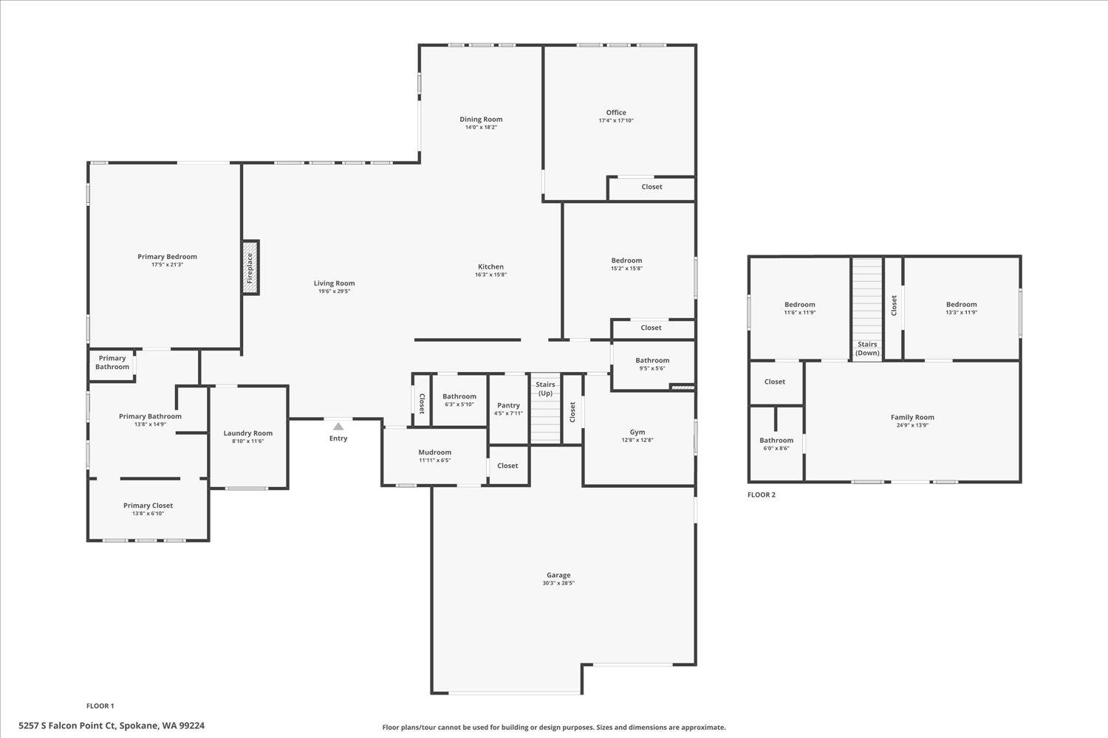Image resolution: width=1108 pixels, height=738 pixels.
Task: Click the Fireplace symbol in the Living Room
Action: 251,267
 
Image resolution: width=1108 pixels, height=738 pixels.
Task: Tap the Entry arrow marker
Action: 338,427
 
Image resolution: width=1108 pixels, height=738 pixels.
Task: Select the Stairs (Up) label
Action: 545,389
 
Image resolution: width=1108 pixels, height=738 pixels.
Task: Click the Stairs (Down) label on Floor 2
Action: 867,348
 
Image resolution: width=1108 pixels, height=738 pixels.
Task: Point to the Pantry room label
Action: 508,405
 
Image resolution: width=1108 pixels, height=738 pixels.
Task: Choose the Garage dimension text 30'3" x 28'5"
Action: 558,583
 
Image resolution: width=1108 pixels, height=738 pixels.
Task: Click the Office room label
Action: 616,113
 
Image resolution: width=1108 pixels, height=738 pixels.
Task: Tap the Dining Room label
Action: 481,119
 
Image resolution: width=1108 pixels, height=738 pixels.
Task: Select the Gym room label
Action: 637,432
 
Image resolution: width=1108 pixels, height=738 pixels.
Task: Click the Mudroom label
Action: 434,452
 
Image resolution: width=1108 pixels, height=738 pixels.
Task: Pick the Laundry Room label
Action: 248,433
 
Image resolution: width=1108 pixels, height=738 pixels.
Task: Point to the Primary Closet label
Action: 148,506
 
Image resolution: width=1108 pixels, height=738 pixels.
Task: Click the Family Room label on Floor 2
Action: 912,417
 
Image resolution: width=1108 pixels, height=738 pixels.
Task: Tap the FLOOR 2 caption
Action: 762,494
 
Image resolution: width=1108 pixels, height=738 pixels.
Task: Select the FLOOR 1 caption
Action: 100,706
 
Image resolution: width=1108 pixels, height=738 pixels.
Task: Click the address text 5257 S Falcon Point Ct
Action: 112,726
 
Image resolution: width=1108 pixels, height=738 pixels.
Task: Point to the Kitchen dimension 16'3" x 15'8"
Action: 491,275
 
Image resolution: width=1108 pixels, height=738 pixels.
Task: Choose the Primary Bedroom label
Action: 167,257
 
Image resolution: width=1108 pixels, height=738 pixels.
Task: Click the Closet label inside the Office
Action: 652,187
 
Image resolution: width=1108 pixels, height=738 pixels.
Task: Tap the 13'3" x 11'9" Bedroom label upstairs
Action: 961,304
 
